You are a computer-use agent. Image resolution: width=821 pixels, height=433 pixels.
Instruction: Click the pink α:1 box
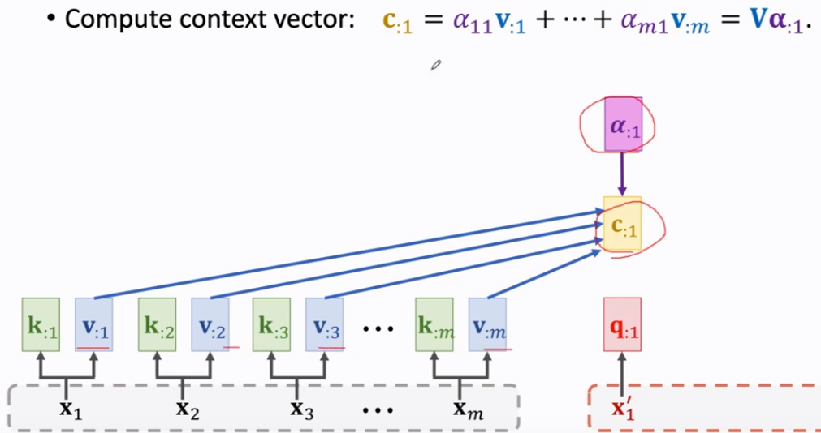(x=623, y=125)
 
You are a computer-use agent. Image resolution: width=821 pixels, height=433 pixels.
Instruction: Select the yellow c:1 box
(x=622, y=223)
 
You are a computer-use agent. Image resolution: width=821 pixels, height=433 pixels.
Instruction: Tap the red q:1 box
(x=622, y=324)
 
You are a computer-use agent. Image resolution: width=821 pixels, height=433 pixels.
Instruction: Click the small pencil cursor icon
(x=436, y=65)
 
